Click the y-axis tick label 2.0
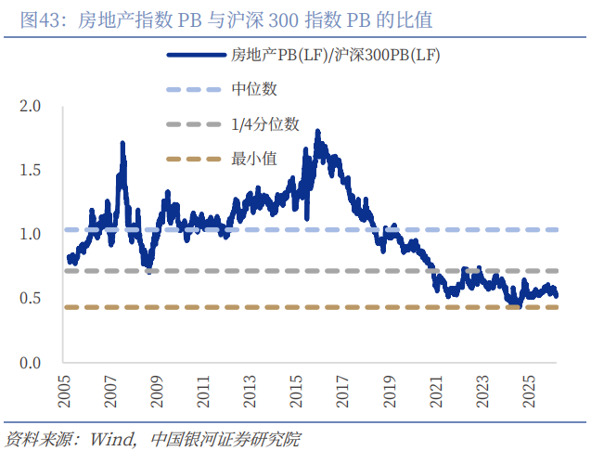(x=31, y=107)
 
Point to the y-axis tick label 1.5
(x=31, y=171)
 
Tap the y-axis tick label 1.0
(x=31, y=235)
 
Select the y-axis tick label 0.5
(x=31, y=298)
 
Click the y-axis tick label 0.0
(x=31, y=362)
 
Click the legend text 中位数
(x=253, y=89)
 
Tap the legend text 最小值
(x=253, y=158)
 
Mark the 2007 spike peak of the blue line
(x=122, y=143)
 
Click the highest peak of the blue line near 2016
(x=317, y=132)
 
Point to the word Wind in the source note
(x=108, y=436)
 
